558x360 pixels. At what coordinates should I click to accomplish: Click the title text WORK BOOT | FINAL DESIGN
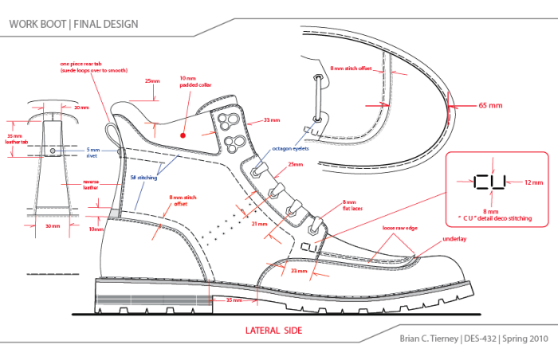coord(73,24)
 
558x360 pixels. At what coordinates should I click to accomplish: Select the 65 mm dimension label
coord(490,105)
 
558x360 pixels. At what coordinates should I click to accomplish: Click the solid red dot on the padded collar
coord(183,136)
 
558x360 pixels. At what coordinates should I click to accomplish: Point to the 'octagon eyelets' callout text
coord(290,148)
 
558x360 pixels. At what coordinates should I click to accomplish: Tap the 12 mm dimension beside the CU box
coord(533,182)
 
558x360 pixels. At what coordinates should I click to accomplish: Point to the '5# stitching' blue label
coord(144,178)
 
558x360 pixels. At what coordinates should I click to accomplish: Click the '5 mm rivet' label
coord(94,153)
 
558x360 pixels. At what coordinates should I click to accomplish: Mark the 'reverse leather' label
coord(91,186)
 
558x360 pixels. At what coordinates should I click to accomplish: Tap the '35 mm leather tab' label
coord(17,139)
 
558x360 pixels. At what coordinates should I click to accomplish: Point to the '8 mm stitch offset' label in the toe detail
coord(352,69)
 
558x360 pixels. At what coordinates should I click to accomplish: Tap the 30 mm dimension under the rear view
coord(52,226)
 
